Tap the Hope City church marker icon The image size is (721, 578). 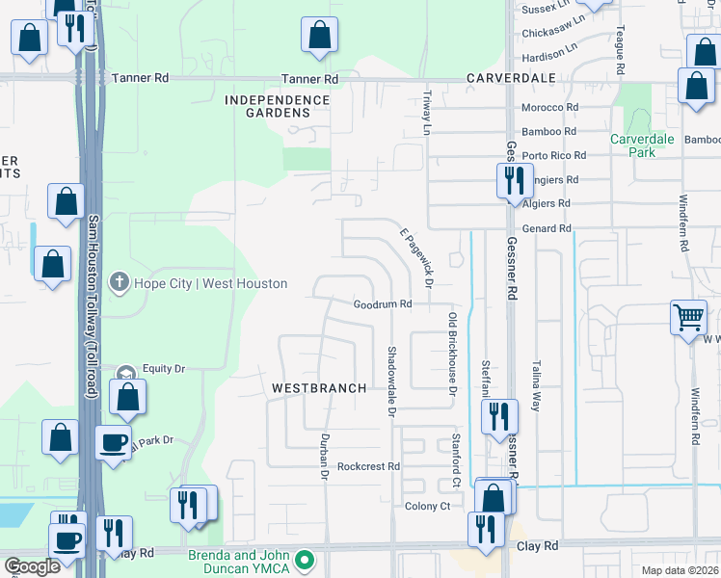pos(119,283)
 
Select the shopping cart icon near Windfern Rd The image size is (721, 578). pos(689,317)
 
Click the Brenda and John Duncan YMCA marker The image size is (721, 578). pos(306,559)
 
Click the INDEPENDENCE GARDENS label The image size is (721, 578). pos(277,106)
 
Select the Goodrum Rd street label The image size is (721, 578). pos(383,304)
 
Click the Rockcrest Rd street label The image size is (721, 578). pos(368,466)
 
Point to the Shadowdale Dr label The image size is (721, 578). pos(392,382)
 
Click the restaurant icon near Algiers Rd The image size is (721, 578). pos(511,179)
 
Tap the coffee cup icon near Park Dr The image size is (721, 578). pos(114,442)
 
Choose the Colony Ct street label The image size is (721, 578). pos(428,506)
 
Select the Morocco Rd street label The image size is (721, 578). pos(548,108)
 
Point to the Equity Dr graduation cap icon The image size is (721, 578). pos(125,374)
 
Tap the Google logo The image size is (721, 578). pos(32,566)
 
